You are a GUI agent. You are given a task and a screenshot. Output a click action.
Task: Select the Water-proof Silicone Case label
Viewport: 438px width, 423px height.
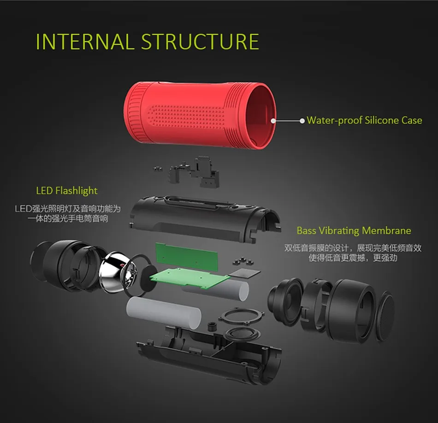pos(364,120)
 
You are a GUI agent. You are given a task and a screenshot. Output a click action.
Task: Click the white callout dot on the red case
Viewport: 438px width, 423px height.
pos(273,120)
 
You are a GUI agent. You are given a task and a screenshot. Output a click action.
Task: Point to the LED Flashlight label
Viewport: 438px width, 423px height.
pos(67,190)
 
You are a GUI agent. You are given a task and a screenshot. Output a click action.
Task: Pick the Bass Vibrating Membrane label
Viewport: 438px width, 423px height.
pos(354,230)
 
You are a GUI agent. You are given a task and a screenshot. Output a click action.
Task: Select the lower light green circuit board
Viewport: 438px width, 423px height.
pos(189,276)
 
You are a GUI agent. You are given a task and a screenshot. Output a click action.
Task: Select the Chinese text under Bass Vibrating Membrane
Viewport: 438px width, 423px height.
pos(353,253)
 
